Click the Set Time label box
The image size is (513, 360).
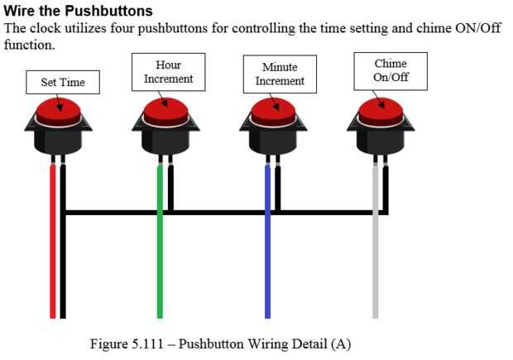point(63,82)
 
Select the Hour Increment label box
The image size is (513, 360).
point(168,72)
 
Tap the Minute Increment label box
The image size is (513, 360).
point(280,74)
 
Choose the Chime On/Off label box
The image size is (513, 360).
point(391,71)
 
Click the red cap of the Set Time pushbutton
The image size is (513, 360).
point(57,111)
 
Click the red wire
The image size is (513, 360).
point(53,248)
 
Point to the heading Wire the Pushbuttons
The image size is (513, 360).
point(79,11)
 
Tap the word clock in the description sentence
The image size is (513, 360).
point(46,27)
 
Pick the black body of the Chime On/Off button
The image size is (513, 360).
point(380,140)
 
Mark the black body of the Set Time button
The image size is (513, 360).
point(57,140)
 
